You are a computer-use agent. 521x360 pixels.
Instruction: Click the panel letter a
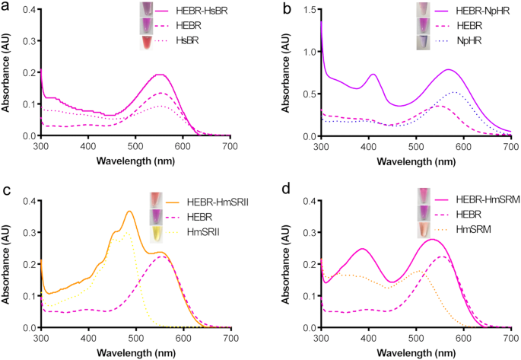(6, 7)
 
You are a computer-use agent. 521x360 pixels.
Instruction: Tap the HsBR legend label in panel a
(193, 41)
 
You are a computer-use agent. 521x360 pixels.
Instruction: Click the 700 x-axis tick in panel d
(510, 338)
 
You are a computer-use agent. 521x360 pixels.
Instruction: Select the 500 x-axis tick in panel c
(135, 338)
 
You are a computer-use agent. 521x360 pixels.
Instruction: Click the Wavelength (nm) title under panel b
(415, 161)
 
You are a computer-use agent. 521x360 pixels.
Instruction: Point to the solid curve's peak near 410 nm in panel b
(373, 74)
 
